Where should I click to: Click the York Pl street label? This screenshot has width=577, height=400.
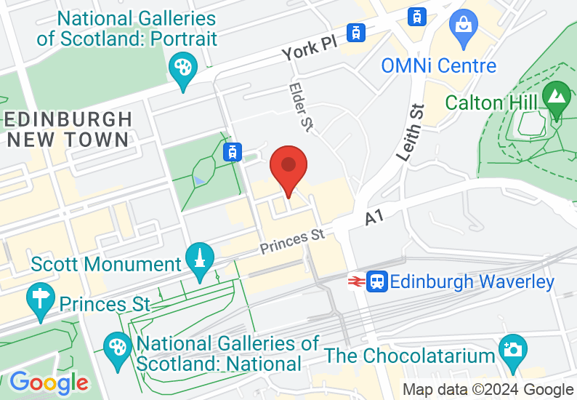tap(310, 49)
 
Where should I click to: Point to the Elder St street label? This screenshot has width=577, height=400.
tap(300, 107)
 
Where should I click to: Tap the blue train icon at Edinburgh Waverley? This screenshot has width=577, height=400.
tap(377, 281)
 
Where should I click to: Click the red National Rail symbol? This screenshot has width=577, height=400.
tap(356, 281)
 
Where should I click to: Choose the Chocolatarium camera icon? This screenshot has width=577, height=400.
tap(513, 349)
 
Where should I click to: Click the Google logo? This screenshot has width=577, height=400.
tap(49, 381)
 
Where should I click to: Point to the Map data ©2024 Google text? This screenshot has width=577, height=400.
tap(488, 390)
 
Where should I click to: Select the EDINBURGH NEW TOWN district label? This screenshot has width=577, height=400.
tap(68, 128)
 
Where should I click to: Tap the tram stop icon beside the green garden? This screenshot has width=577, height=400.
tap(232, 151)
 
